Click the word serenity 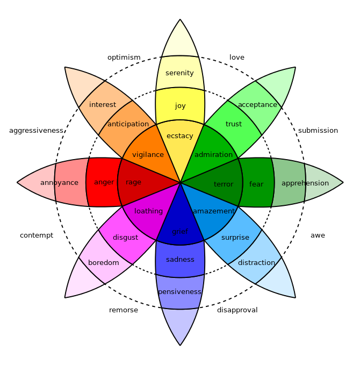tap(179, 73)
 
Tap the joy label tap(180, 106)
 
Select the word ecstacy tap(180, 136)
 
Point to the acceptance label tap(257, 105)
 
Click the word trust tap(234, 124)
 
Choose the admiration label tap(213, 155)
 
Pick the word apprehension tap(305, 183)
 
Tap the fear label tap(256, 184)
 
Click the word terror tap(224, 184)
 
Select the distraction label tap(256, 263)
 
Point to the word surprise tap(235, 238)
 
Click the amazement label tap(214, 211)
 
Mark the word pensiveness tap(179, 292)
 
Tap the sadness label tap(180, 260)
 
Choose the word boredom tap(104, 263)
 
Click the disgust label tap(125, 238)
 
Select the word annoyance tap(59, 183)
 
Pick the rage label tap(133, 182)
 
